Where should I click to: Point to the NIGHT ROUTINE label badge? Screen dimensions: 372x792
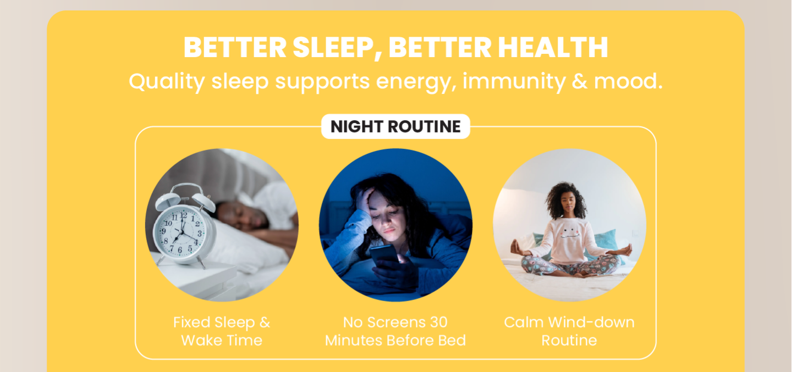(395, 126)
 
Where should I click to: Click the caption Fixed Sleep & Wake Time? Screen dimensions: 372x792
(222, 331)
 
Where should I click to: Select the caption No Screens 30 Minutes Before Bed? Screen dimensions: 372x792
(395, 331)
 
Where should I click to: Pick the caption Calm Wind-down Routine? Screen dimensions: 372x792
(569, 331)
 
